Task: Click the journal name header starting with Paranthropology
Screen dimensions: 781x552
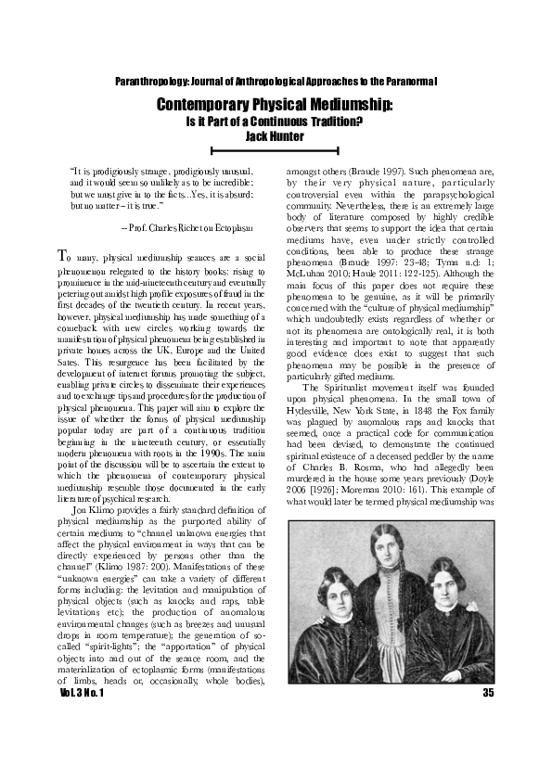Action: [x=276, y=83]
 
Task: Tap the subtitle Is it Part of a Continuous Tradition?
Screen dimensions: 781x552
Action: [x=276, y=122]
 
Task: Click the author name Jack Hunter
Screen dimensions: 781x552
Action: [x=276, y=135]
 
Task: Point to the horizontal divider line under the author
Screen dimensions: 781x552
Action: [x=276, y=148]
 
